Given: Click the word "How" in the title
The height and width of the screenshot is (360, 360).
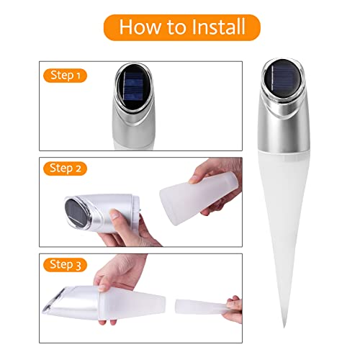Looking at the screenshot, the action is coord(140,27).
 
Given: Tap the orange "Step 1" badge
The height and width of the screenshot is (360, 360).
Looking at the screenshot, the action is coord(65,76).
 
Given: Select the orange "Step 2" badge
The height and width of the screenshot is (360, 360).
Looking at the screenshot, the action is coord(65,168).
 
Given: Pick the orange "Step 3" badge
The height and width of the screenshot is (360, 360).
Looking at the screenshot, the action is coord(65,265).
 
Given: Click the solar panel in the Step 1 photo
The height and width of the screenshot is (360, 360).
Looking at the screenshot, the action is coord(133,88).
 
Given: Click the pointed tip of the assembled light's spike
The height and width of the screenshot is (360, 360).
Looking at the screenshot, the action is coord(284,328).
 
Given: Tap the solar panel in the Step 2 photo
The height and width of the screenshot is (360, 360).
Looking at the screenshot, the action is coord(76,213).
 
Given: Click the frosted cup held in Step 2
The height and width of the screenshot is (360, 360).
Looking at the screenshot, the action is coord(198,198).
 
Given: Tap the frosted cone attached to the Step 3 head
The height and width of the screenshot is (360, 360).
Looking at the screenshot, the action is coord(132,304).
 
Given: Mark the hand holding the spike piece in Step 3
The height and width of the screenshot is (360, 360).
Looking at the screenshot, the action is coord(233,310).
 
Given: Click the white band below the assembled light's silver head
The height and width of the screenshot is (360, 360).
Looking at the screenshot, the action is coord(284,156).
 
